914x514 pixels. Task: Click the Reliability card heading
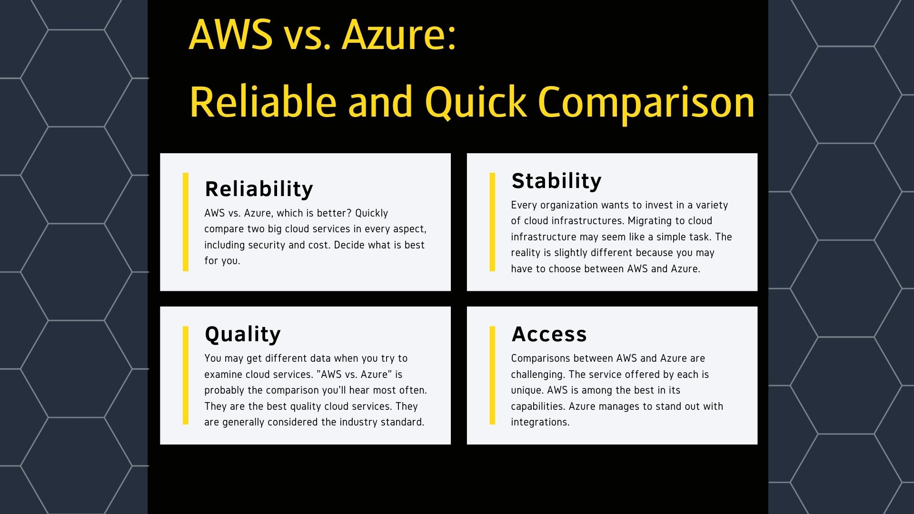click(259, 189)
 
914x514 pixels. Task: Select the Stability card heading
click(556, 181)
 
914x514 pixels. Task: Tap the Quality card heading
click(243, 334)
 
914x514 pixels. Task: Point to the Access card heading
click(549, 334)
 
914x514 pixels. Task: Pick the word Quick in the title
click(476, 102)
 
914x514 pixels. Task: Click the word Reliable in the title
click(262, 102)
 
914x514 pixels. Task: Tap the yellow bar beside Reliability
click(186, 222)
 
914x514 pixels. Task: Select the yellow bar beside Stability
click(492, 222)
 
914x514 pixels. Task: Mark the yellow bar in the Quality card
click(186, 375)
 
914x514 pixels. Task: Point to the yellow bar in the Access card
click(492, 375)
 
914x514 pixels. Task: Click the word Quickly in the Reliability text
click(371, 213)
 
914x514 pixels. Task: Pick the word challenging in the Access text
click(536, 375)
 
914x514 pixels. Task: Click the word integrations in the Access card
click(540, 422)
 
